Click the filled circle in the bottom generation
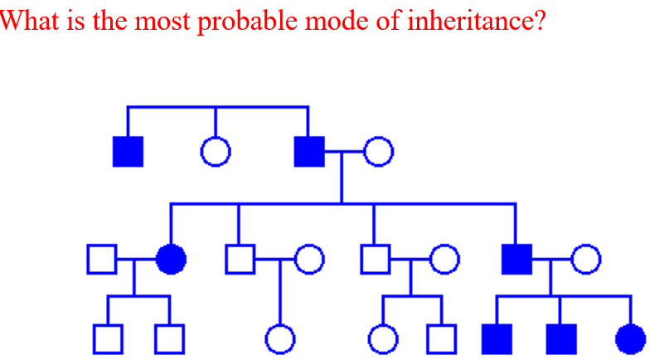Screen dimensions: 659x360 (x=631, y=338)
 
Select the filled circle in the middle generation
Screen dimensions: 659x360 (x=171, y=260)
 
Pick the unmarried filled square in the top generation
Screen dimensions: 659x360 (x=128, y=151)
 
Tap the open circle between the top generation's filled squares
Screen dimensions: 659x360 (x=216, y=151)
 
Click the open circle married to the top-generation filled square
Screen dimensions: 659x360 (x=378, y=151)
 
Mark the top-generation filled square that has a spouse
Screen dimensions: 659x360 (x=309, y=151)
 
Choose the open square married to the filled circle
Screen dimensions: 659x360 (x=101, y=260)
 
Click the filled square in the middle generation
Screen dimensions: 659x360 (x=516, y=260)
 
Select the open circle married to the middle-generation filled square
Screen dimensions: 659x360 (x=585, y=260)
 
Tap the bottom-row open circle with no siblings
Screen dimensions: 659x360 (x=280, y=338)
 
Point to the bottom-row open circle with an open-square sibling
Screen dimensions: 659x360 (x=383, y=338)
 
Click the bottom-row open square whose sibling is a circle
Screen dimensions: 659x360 (x=442, y=338)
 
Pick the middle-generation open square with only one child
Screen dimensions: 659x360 (x=239, y=260)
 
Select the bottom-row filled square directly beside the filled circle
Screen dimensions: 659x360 (x=561, y=338)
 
